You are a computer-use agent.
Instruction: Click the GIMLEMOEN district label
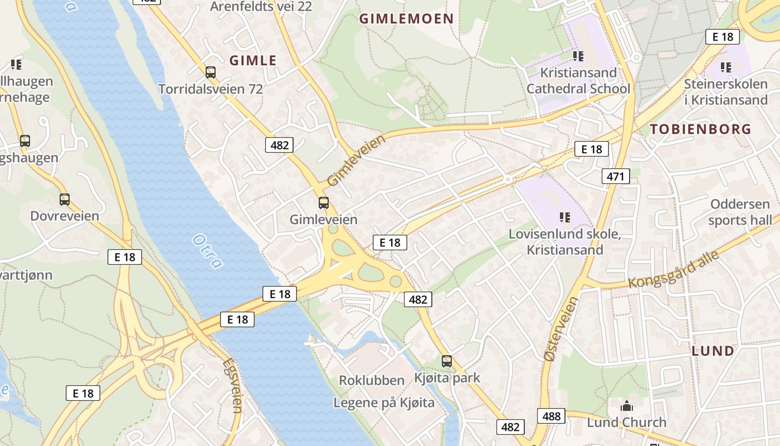(x=406, y=18)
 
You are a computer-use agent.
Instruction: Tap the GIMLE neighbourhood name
(x=253, y=60)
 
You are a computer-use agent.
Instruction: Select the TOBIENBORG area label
(x=701, y=129)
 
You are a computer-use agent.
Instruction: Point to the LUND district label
(x=713, y=351)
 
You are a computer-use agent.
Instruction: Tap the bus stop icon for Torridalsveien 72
(x=210, y=72)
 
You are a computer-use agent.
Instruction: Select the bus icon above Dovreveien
(x=65, y=199)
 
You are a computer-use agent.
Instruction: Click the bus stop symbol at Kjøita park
(x=447, y=361)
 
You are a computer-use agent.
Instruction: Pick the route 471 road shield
(x=616, y=177)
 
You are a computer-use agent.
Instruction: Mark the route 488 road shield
(x=551, y=416)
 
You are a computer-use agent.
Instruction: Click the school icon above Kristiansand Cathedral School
(x=578, y=56)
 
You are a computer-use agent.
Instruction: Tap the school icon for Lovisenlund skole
(x=565, y=217)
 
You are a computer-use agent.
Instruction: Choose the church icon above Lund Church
(x=627, y=406)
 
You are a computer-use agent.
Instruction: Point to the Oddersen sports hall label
(x=740, y=212)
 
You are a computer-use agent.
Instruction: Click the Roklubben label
(x=372, y=380)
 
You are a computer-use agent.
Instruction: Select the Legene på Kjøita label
(x=384, y=403)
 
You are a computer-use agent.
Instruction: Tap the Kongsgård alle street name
(x=674, y=269)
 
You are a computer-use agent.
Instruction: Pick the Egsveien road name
(x=232, y=385)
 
